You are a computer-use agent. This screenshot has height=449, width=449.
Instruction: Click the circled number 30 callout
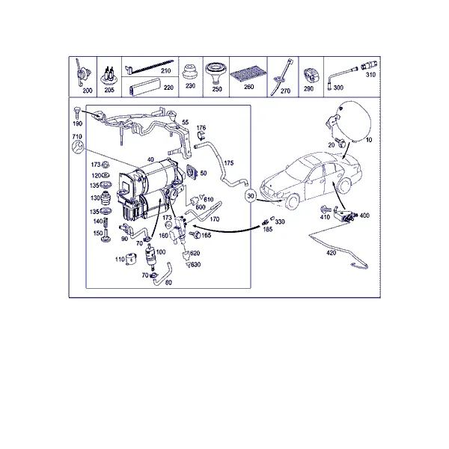click(x=251, y=196)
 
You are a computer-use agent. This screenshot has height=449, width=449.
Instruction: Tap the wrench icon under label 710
click(x=77, y=147)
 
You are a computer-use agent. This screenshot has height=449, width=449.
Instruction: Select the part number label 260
click(x=249, y=87)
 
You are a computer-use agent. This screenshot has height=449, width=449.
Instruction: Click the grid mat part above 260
click(x=248, y=76)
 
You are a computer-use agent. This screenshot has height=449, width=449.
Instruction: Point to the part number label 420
click(x=331, y=253)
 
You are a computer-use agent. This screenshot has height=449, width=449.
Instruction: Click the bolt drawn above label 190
click(x=77, y=112)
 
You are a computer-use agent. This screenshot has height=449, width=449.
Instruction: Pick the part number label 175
click(x=228, y=163)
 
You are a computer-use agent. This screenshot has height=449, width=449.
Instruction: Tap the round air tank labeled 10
click(x=353, y=121)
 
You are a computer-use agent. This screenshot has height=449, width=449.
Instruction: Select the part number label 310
click(x=370, y=74)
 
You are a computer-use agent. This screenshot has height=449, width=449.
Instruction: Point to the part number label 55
click(x=186, y=122)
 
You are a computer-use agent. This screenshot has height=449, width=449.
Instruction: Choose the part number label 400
click(x=364, y=216)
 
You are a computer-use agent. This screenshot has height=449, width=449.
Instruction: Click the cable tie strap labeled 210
click(x=150, y=67)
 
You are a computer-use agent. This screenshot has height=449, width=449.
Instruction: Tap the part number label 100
click(x=161, y=251)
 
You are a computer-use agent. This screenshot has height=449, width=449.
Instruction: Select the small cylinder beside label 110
click(x=131, y=259)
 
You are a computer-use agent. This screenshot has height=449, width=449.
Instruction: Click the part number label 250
click(x=217, y=89)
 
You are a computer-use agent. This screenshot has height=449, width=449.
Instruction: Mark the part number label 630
click(x=195, y=264)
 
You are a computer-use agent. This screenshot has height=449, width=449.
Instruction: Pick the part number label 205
click(x=109, y=90)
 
